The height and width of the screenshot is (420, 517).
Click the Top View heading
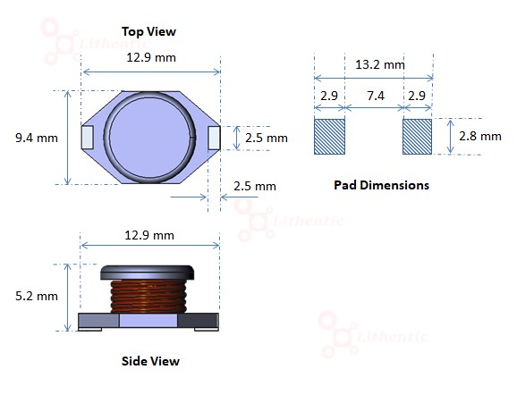coord(148,31)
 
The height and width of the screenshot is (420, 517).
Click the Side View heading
coord(150,361)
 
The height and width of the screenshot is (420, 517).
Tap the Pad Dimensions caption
coord(381,185)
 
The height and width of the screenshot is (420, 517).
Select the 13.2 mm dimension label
coord(380,64)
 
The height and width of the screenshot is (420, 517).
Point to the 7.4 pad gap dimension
coord(376,96)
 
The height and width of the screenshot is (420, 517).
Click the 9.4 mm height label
coord(37,138)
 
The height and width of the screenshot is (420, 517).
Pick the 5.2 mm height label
coord(37,296)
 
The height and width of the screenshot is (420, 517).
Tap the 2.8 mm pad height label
coord(480,136)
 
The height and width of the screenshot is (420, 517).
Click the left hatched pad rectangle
coord(329,137)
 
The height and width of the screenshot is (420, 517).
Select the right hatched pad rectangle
coord(417,137)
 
